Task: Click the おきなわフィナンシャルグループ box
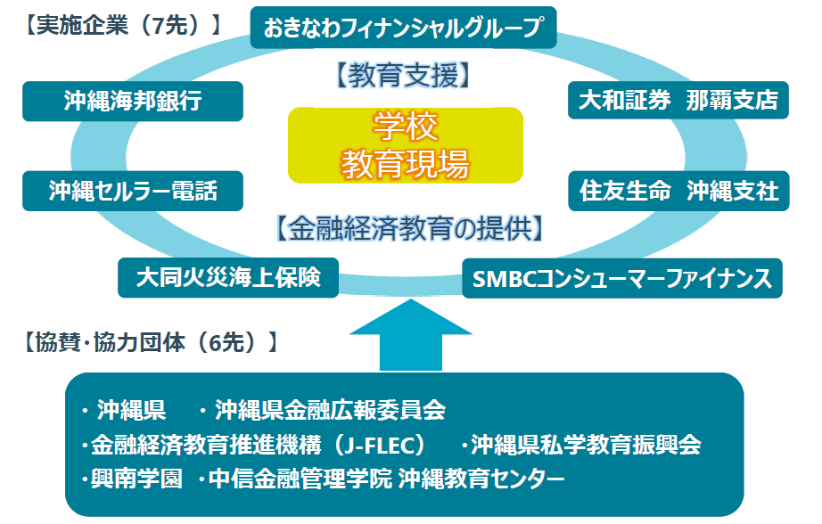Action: pyautogui.click(x=403, y=28)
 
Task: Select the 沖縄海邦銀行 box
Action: pyautogui.click(x=133, y=101)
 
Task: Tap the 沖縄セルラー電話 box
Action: pyautogui.click(x=133, y=190)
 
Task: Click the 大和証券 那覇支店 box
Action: pyautogui.click(x=678, y=101)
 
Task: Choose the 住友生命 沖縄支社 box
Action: pyautogui.click(x=678, y=191)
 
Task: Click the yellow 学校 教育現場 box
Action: pyautogui.click(x=406, y=145)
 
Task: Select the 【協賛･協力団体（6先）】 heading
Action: pyautogui.click(x=146, y=340)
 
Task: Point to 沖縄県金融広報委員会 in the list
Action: pyautogui.click(x=329, y=411)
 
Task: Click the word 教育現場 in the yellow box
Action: pyautogui.click(x=406, y=162)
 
